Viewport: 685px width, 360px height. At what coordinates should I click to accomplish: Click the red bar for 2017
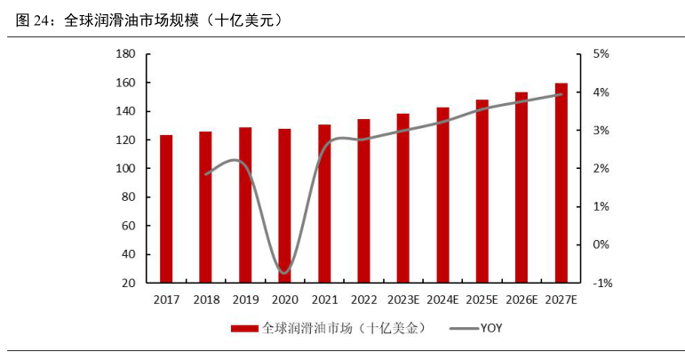[x=166, y=209]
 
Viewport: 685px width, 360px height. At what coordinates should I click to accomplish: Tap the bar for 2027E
[x=562, y=183]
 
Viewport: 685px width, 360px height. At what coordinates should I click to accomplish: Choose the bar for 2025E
[x=482, y=191]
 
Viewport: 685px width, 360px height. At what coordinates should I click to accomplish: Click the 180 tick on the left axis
[x=124, y=54]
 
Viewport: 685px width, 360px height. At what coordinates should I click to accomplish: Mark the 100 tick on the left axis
[x=124, y=169]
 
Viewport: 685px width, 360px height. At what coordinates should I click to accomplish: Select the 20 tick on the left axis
[x=128, y=283]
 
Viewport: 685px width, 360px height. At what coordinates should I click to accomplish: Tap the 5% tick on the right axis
[x=601, y=54]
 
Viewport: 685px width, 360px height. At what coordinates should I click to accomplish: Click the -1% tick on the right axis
[x=601, y=283]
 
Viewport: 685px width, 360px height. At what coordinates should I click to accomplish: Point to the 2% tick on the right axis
[x=601, y=169]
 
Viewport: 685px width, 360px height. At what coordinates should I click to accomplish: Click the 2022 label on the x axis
[x=363, y=300]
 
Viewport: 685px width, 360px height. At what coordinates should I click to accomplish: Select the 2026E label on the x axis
[x=522, y=300]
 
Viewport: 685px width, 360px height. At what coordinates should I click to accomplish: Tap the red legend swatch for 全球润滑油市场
[x=244, y=329]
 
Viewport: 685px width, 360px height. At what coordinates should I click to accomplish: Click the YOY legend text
[x=491, y=329]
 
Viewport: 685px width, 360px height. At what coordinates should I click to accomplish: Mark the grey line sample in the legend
[x=462, y=329]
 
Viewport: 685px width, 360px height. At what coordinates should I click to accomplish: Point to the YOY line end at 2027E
[x=562, y=94]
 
